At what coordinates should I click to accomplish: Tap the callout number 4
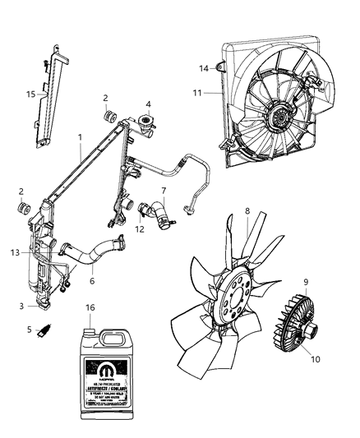pos(148,104)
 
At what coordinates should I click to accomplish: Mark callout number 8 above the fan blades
pos(247,210)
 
